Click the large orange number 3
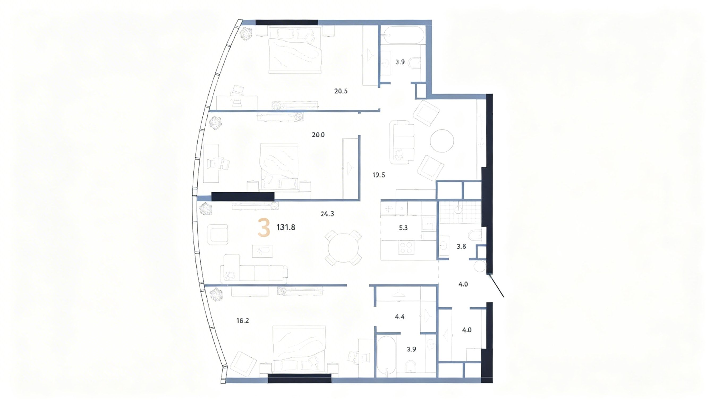click(x=264, y=228)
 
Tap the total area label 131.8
click(x=286, y=227)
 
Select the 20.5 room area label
click(x=341, y=91)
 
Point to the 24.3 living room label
click(x=327, y=214)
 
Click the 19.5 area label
click(x=379, y=175)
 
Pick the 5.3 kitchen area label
click(x=403, y=228)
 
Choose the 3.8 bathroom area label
click(x=461, y=246)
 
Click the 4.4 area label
click(x=399, y=317)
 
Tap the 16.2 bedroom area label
click(x=243, y=321)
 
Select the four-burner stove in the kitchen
click(x=406, y=248)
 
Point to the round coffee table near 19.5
click(x=442, y=141)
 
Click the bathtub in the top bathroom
click(x=402, y=35)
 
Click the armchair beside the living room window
click(x=218, y=235)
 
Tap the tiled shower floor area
click(x=460, y=212)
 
